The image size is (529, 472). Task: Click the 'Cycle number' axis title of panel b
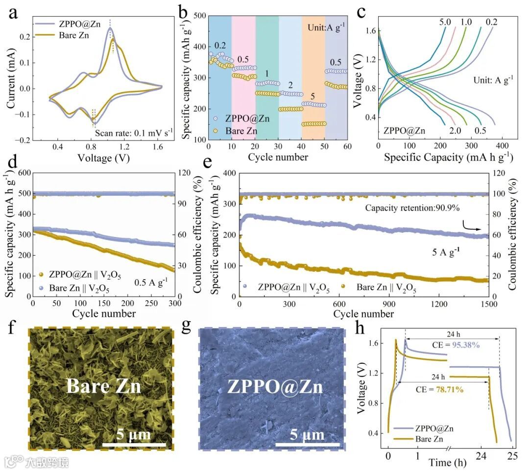point(278,157)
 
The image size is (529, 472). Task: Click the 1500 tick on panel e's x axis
point(489,304)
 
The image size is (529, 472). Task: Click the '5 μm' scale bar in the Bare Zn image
point(134,435)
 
